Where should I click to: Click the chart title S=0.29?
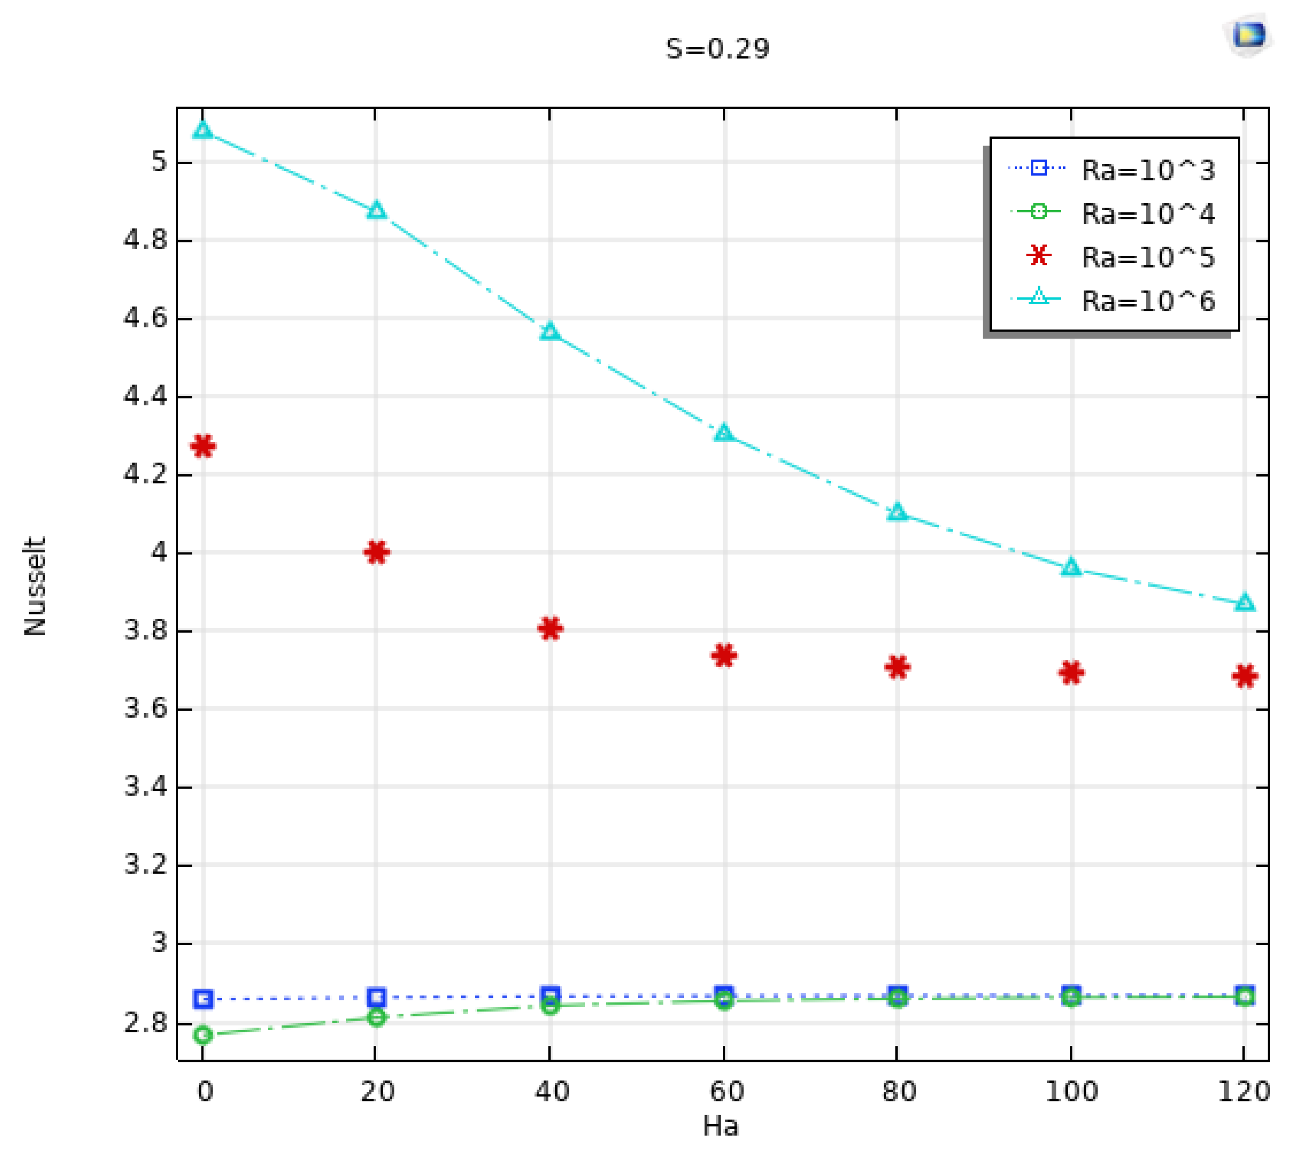pos(717,49)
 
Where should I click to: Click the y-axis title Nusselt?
pos(35,586)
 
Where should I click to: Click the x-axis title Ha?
pos(720,1126)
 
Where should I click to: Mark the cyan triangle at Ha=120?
pos(1244,603)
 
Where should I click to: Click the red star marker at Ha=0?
pos(203,446)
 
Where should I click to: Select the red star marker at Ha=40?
pos(550,628)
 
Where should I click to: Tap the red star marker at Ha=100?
pos(1071,672)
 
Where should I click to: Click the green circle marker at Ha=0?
pos(203,1035)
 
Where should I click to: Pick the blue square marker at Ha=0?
pos(203,999)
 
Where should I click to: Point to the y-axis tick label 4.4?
pos(145,396)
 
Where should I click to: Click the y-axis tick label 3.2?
pos(145,865)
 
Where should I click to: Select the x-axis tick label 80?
pos(899,1091)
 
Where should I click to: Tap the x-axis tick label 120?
pos(1243,1091)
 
